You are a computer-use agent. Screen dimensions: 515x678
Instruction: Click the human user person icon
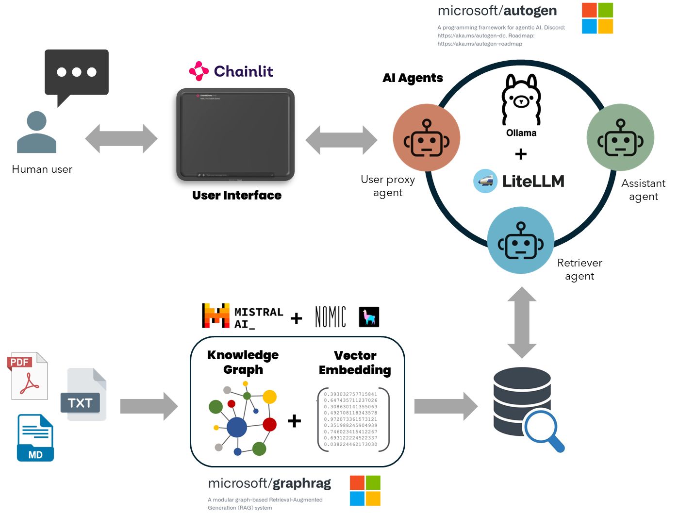(x=36, y=133)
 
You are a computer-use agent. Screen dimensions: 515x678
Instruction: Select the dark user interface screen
(x=235, y=134)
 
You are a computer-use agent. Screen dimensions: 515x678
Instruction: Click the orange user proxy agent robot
(x=427, y=138)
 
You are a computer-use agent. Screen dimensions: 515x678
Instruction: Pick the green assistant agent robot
(x=620, y=138)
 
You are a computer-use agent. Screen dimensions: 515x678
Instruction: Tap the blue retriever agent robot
(x=521, y=240)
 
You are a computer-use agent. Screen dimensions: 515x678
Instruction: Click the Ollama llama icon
(x=521, y=100)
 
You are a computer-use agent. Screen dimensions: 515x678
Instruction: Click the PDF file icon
(x=28, y=376)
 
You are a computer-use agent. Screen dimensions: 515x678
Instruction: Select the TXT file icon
(x=83, y=394)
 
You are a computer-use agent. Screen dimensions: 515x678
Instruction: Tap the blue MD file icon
(x=35, y=438)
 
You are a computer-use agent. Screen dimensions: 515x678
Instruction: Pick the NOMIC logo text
(x=331, y=317)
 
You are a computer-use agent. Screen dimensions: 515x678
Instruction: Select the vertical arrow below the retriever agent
(x=522, y=322)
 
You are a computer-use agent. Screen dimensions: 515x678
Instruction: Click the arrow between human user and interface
(x=121, y=139)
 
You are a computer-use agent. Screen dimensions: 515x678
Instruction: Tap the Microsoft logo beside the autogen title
(x=597, y=18)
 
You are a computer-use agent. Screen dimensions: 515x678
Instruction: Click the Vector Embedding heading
(x=355, y=363)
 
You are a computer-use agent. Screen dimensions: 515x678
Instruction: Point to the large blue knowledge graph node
(x=237, y=428)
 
